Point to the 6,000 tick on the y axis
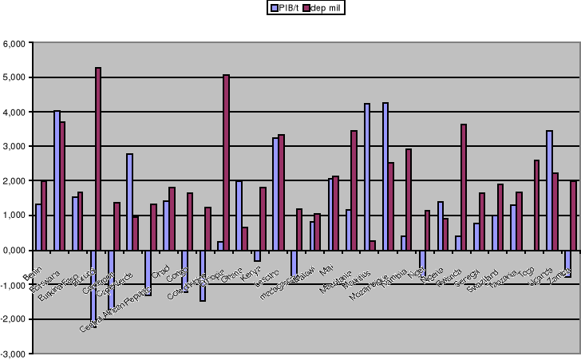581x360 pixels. point(16,43)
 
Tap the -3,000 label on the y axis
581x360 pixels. point(14,353)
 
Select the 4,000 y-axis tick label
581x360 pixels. point(16,112)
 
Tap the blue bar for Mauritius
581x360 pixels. point(367,176)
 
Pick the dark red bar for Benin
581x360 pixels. point(44,216)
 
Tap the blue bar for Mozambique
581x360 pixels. point(385,176)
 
